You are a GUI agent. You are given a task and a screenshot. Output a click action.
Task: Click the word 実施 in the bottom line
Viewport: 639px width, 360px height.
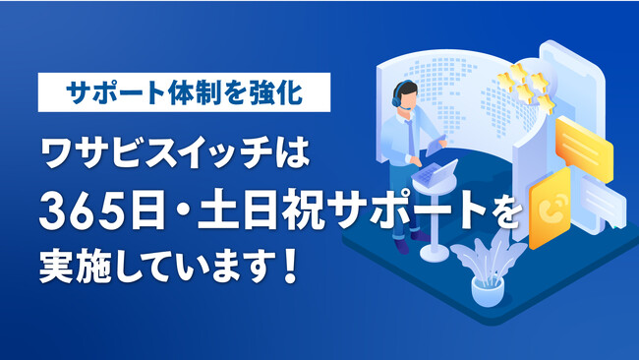pos(75,267)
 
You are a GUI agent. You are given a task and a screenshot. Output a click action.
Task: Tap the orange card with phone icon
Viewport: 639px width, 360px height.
pos(551,207)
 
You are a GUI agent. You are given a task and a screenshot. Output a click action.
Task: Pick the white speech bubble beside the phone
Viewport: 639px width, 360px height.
pos(603,203)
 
